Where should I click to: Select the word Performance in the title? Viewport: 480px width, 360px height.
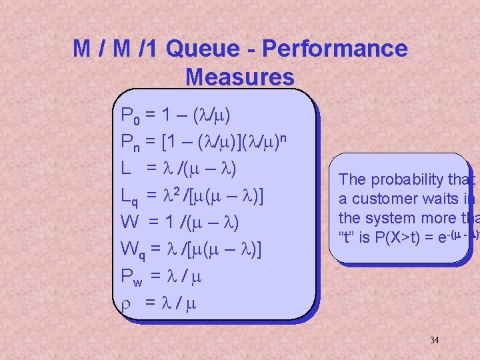[x=335, y=49]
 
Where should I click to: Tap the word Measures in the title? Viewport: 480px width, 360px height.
[x=240, y=77]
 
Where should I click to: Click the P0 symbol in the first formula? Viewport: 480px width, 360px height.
[x=129, y=117]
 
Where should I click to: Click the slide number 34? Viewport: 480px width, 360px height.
[x=434, y=340]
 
